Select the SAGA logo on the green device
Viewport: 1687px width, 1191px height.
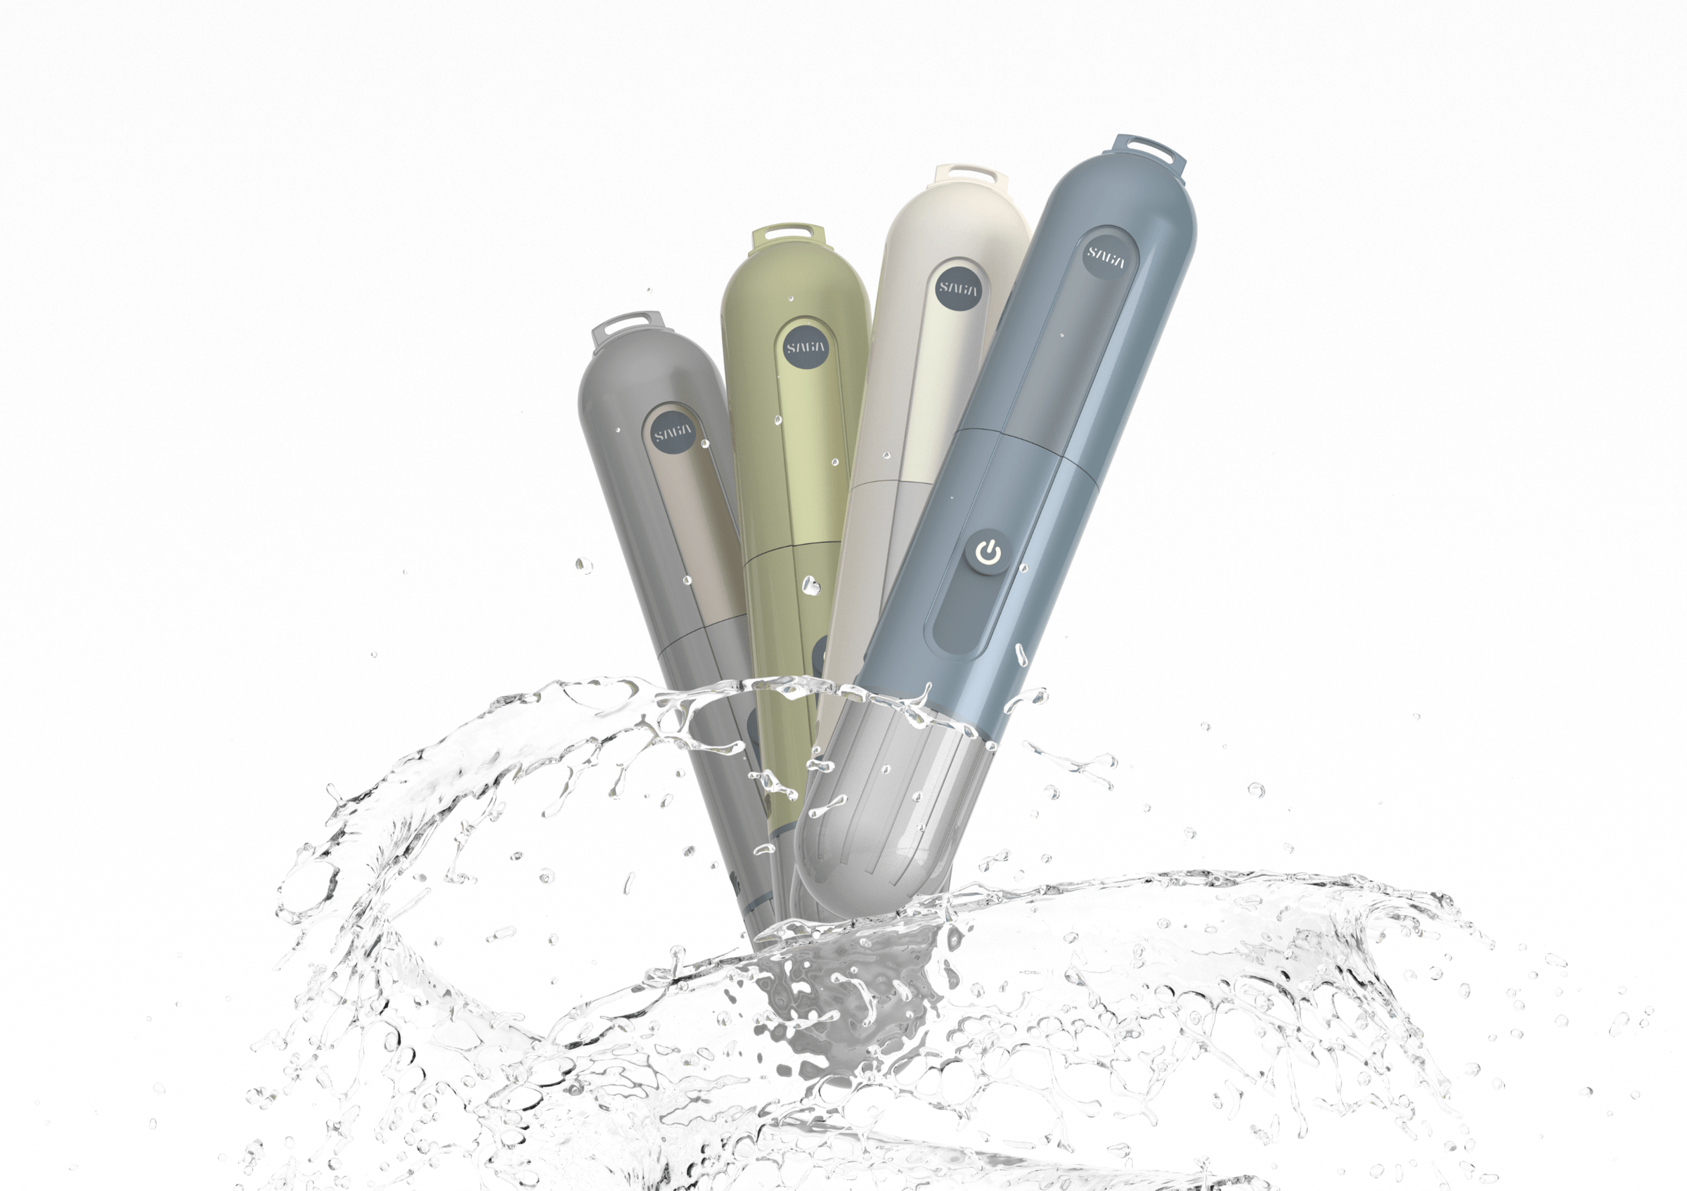point(806,348)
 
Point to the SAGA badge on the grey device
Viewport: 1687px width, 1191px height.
point(673,434)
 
